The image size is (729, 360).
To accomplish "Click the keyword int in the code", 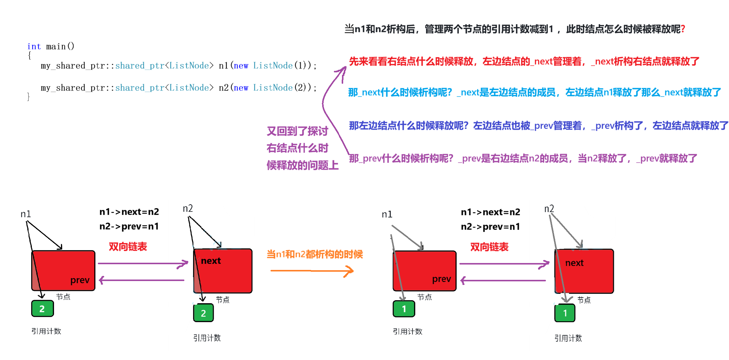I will [34, 47].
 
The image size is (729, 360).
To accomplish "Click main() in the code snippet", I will [60, 47].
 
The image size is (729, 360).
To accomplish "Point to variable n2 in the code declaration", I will [224, 88].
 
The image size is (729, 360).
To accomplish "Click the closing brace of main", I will [29, 97].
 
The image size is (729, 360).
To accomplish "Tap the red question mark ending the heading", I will [683, 29].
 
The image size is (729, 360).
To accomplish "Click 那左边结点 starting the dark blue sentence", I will [372, 126].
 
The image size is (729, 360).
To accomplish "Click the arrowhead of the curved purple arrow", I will [344, 71].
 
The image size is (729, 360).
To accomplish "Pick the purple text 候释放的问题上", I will [302, 165].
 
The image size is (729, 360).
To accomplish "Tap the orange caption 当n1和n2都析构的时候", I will [315, 254].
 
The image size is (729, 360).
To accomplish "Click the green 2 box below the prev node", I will [42, 309].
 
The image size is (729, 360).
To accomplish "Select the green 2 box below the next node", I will [203, 313].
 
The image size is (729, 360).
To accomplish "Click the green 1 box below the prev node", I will [404, 309].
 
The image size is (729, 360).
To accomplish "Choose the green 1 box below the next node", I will [565, 313].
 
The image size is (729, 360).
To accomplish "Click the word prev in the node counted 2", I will [80, 280].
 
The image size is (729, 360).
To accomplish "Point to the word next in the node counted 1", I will [574, 263].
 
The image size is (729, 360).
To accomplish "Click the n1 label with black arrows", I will [26, 214].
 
